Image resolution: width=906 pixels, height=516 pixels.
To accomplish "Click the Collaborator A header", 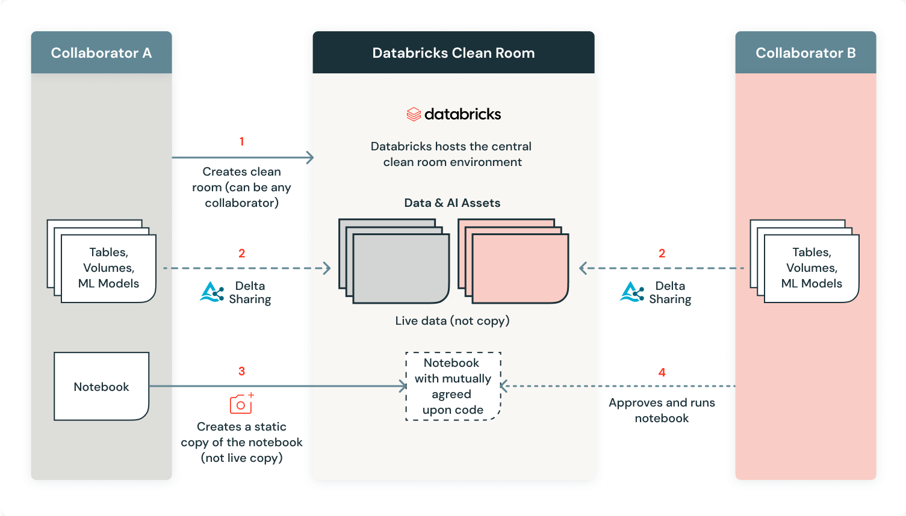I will pyautogui.click(x=101, y=53).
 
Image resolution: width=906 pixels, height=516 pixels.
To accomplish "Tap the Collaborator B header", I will pyautogui.click(x=805, y=53).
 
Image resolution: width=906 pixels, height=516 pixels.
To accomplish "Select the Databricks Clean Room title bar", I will pyautogui.click(x=453, y=53).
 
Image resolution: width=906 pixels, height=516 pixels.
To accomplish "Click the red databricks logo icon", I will pyautogui.click(x=414, y=114).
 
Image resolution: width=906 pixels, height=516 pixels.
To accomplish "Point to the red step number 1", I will pyautogui.click(x=241, y=141).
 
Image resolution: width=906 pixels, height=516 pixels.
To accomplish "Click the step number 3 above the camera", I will pyautogui.click(x=241, y=371).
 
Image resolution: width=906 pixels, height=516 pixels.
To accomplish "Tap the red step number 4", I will pyautogui.click(x=662, y=372).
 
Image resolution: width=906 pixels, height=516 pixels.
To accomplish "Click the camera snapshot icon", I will pyautogui.click(x=241, y=404).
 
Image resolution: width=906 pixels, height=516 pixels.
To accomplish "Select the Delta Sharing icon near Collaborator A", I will pyautogui.click(x=212, y=292).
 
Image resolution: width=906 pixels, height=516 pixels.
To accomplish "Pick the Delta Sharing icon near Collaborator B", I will pyautogui.click(x=632, y=292).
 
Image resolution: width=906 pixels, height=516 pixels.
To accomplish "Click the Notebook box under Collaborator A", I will pyautogui.click(x=101, y=387).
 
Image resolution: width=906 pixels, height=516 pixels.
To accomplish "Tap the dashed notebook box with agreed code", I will pyautogui.click(x=453, y=386).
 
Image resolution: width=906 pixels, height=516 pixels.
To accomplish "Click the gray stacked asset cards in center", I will pyautogui.click(x=394, y=262).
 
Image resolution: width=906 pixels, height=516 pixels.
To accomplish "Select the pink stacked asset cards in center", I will pyautogui.click(x=514, y=262).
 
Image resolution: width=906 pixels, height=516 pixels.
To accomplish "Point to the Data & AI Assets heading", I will pyautogui.click(x=452, y=203).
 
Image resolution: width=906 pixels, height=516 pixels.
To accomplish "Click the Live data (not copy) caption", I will pyautogui.click(x=452, y=321).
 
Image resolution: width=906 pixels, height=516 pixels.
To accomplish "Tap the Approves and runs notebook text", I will pyautogui.click(x=662, y=410).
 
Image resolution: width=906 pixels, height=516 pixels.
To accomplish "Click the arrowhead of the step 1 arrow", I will pyautogui.click(x=310, y=158).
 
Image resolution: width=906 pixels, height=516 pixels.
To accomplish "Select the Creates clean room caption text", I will pyautogui.click(x=241, y=187).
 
